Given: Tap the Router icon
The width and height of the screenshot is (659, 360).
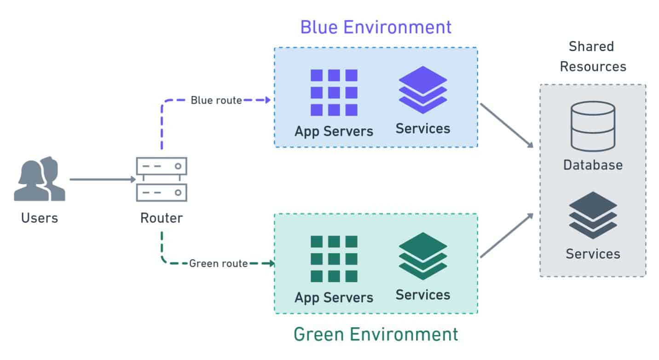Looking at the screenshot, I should [162, 179].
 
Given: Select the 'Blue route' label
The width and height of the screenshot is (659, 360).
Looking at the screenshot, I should [216, 100].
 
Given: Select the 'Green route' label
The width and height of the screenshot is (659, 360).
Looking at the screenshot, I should [219, 264].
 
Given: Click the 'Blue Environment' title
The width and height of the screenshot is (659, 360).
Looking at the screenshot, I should [376, 27].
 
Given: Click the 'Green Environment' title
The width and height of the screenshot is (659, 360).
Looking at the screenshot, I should [376, 334].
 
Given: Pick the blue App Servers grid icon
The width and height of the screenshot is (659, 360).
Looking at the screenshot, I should [334, 93].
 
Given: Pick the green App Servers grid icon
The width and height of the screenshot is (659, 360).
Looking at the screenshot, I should [334, 259].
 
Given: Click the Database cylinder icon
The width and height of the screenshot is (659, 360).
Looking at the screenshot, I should [593, 127].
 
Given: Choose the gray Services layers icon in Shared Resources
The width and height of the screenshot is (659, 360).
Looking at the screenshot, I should [593, 215].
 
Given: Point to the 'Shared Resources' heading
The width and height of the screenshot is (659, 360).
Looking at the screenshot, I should [593, 57].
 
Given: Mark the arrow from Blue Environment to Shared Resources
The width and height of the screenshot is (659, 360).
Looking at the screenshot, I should [506, 125].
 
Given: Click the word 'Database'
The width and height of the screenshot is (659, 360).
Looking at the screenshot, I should [593, 165].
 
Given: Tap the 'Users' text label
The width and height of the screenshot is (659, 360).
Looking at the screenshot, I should [40, 217].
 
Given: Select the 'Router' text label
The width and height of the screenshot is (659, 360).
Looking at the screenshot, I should [162, 217].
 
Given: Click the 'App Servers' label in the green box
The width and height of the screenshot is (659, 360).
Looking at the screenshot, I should [334, 297].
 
